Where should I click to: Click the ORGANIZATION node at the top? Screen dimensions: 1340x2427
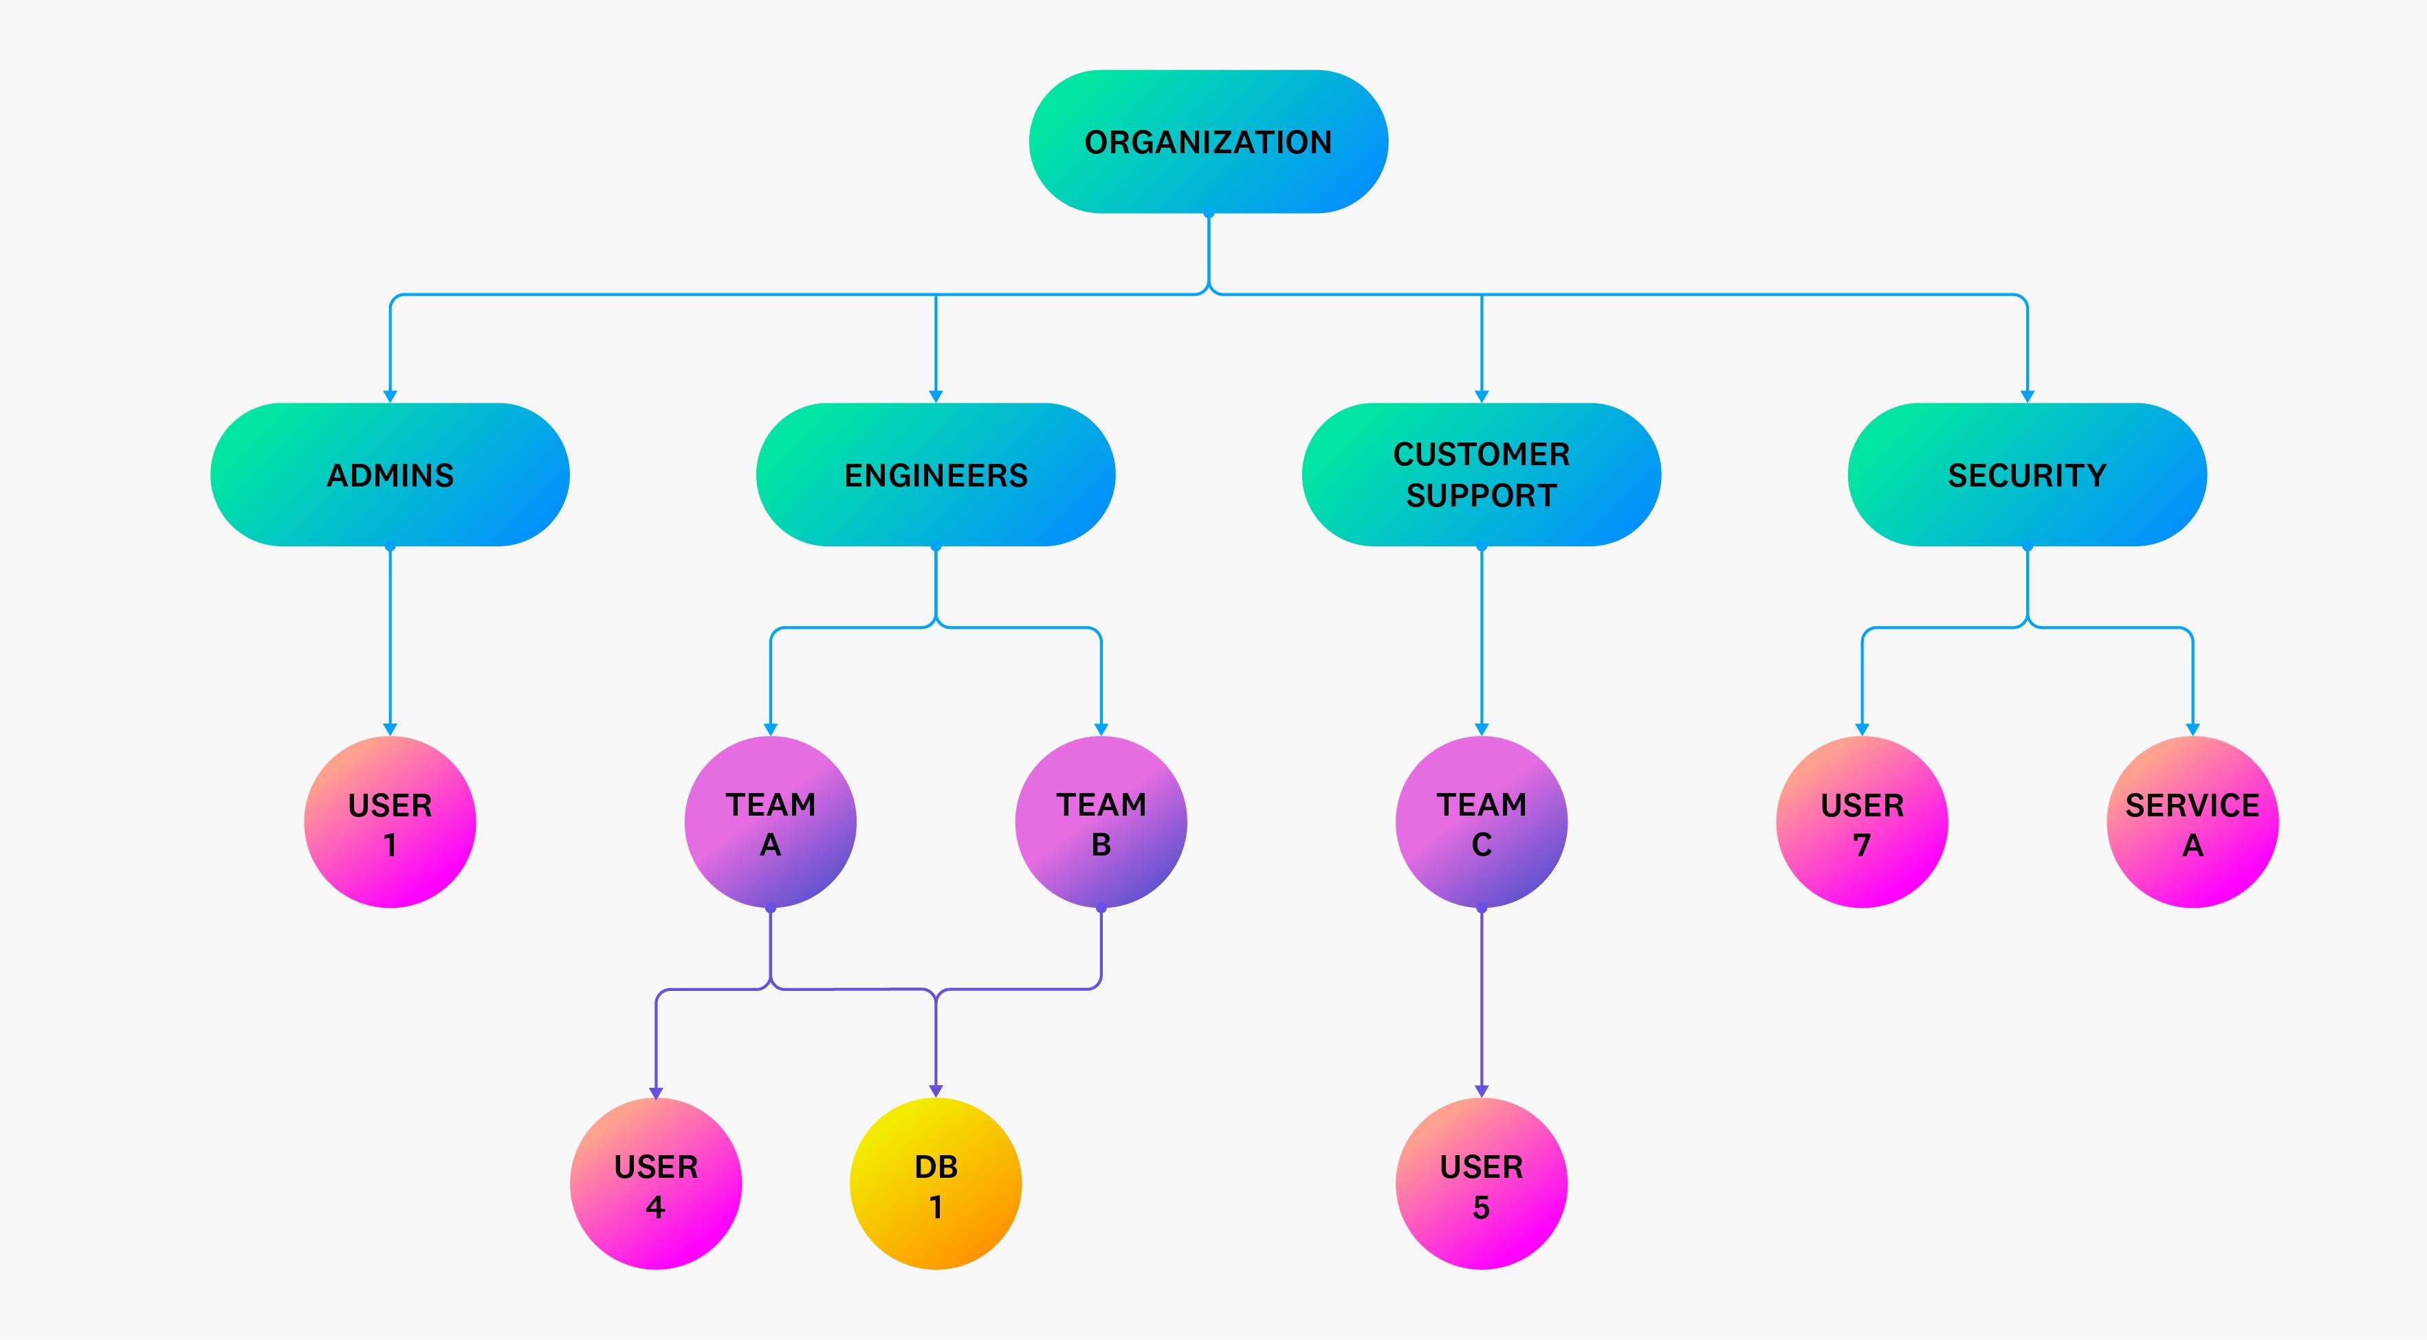tap(1208, 142)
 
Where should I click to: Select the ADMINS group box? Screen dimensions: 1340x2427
tap(390, 475)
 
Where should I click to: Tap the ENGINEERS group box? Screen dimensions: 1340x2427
tap(936, 475)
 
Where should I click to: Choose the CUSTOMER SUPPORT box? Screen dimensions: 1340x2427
tap(1481, 475)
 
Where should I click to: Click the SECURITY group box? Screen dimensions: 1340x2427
tap(2027, 475)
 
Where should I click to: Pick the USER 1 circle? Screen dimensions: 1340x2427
tap(390, 822)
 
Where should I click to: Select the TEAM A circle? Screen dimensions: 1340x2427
tap(770, 822)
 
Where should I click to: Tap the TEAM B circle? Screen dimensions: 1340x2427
tap(1101, 822)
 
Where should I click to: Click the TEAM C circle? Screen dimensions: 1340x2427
tap(1481, 822)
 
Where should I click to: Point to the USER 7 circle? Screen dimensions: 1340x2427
tap(1862, 822)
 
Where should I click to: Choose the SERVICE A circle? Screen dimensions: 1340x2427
tap(2193, 822)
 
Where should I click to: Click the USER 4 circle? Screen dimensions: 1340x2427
tap(656, 1184)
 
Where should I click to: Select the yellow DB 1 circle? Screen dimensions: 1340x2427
tap(936, 1184)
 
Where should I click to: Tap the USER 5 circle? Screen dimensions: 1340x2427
tap(1481, 1184)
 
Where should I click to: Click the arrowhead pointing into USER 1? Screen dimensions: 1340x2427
tap(390, 730)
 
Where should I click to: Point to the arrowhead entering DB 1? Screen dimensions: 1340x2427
tap(936, 1091)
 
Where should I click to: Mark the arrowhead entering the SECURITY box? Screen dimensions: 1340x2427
tap(2027, 397)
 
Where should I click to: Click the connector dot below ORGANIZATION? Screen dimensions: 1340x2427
tap(1208, 214)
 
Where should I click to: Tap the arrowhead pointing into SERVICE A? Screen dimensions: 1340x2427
tap(2193, 730)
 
